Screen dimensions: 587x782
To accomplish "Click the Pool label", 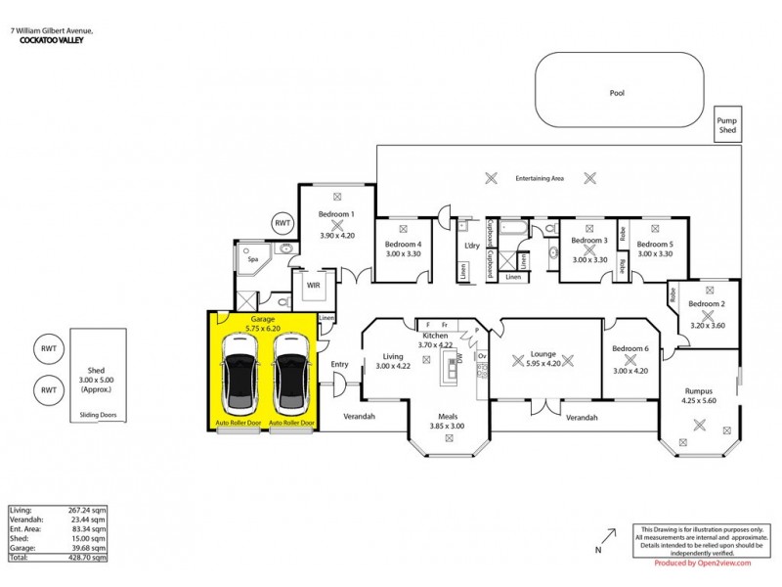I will [x=616, y=94].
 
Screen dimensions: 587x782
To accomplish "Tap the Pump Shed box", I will [x=729, y=124].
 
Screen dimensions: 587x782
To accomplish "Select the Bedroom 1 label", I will [x=337, y=213].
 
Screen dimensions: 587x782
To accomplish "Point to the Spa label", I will [x=252, y=260].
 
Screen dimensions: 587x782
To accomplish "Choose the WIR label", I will [x=314, y=286].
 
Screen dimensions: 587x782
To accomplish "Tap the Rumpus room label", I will [x=700, y=390].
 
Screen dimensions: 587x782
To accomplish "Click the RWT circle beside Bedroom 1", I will [x=283, y=223].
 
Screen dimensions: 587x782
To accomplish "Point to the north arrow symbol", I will [x=610, y=536].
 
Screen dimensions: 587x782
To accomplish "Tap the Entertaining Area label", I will [x=540, y=179].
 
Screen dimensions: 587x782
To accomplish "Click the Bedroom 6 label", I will [x=630, y=349].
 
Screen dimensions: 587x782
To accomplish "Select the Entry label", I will [x=340, y=365].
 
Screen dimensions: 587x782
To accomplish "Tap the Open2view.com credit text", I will [x=702, y=564].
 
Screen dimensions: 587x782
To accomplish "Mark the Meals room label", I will [x=448, y=416].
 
